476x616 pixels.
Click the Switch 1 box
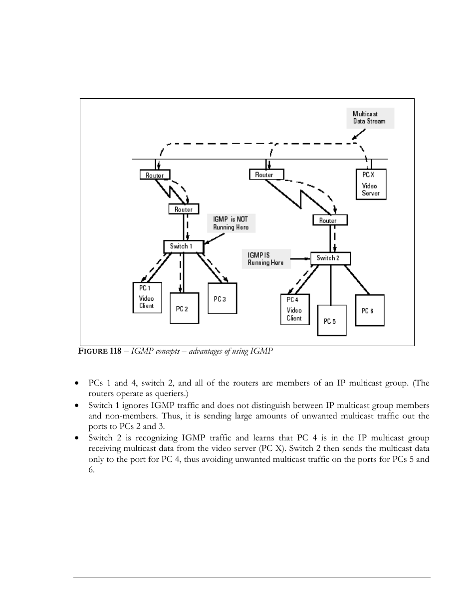(183, 246)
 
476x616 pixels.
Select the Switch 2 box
(330, 258)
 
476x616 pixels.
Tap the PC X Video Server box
(371, 184)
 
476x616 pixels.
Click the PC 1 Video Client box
(147, 298)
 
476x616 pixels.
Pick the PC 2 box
(184, 308)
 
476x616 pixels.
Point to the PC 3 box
(222, 298)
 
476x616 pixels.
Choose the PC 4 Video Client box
(295, 309)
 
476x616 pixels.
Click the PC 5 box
(332, 320)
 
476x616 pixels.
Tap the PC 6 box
(369, 310)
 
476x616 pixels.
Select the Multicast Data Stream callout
(370, 118)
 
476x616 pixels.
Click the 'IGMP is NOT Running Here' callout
(231, 223)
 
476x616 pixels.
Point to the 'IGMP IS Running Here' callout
(266, 258)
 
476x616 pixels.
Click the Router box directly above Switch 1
(184, 209)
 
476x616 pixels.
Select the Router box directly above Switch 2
(329, 220)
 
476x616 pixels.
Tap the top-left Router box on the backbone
(155, 175)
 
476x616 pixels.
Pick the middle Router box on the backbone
(266, 175)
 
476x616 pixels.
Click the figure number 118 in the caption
(115, 351)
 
